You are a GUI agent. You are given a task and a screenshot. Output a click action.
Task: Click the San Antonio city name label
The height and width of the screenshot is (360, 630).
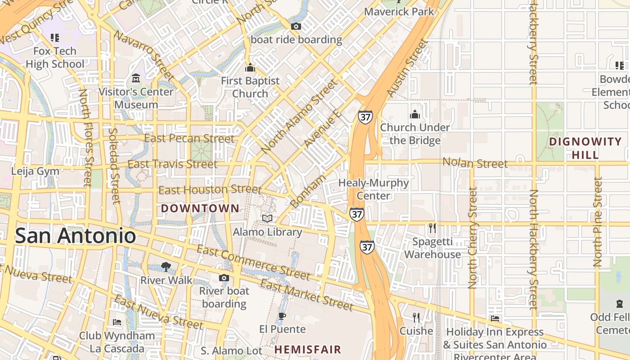click(x=75, y=236)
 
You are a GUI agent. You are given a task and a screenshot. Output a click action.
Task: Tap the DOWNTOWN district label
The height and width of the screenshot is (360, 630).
click(x=200, y=208)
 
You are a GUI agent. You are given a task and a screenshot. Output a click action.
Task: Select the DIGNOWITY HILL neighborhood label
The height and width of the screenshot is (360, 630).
click(x=585, y=148)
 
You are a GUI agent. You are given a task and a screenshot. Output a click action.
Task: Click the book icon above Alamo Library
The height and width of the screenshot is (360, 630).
click(x=267, y=218)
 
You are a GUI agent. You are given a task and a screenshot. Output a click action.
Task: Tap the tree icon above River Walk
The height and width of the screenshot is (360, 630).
click(x=166, y=266)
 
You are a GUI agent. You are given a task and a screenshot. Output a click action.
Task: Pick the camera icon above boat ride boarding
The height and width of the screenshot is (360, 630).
click(x=296, y=26)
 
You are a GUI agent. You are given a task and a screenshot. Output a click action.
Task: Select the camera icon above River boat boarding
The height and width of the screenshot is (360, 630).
click(x=224, y=278)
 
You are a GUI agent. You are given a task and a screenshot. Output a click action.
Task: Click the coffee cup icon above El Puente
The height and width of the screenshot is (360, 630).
click(x=282, y=316)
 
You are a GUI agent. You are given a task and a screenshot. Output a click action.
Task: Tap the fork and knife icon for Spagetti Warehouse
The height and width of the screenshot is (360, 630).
click(x=432, y=228)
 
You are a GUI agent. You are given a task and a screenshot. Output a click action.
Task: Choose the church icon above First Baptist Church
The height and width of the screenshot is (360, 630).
click(x=250, y=68)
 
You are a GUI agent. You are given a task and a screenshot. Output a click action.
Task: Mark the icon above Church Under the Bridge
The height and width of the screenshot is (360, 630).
click(x=415, y=114)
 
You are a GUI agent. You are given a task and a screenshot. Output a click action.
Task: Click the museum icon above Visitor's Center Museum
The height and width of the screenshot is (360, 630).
click(x=136, y=79)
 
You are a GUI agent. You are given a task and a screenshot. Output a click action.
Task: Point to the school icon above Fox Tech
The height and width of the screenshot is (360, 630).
click(x=54, y=38)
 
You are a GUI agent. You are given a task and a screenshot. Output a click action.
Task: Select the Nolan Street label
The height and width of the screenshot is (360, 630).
click(x=475, y=162)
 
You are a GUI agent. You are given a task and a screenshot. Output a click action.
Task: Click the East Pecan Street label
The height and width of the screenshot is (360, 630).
click(x=189, y=138)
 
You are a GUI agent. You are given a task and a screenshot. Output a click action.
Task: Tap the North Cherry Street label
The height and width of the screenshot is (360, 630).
click(x=472, y=238)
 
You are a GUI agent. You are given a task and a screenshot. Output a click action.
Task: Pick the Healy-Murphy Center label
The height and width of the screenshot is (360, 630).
click(x=373, y=189)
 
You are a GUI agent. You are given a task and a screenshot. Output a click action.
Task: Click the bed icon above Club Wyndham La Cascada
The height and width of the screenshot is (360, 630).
click(x=117, y=322)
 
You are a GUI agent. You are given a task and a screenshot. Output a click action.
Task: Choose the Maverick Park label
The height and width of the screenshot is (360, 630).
click(x=399, y=11)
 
